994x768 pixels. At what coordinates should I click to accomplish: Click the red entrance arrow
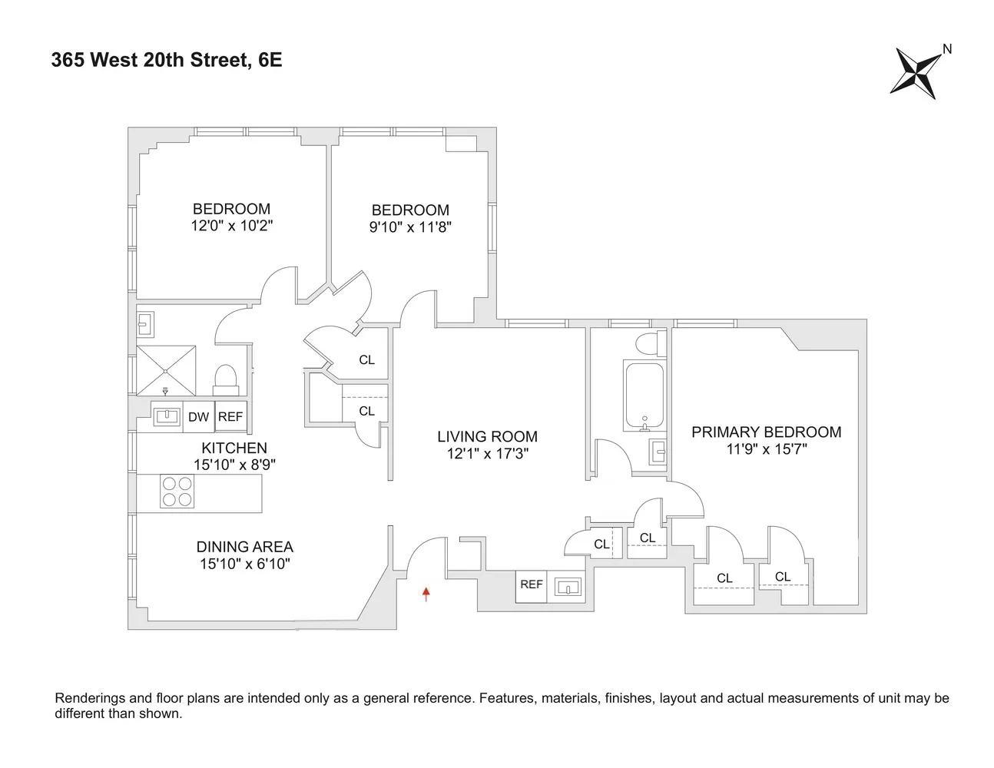pyautogui.click(x=426, y=593)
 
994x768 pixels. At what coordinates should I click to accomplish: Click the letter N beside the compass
pyautogui.click(x=947, y=49)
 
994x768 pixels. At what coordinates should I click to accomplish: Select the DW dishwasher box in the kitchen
pyautogui.click(x=198, y=417)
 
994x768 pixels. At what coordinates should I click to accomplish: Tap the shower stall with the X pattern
pyautogui.click(x=166, y=371)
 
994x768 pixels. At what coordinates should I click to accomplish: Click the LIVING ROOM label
pyautogui.click(x=487, y=436)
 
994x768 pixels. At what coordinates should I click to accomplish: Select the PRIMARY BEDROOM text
pyautogui.click(x=766, y=432)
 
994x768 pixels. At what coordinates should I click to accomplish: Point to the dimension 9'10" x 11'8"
pyautogui.click(x=410, y=227)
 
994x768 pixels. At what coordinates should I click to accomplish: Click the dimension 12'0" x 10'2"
pyautogui.click(x=231, y=226)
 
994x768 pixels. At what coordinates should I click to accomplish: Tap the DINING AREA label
pyautogui.click(x=244, y=547)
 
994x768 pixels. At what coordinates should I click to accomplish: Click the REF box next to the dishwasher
pyautogui.click(x=230, y=417)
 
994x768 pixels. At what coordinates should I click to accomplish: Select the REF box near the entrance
pyautogui.click(x=531, y=584)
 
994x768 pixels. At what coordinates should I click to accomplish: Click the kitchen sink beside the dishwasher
pyautogui.click(x=167, y=417)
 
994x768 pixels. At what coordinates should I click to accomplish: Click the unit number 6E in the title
pyautogui.click(x=270, y=60)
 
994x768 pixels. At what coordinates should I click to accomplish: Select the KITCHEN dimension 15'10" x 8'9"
pyautogui.click(x=234, y=465)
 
